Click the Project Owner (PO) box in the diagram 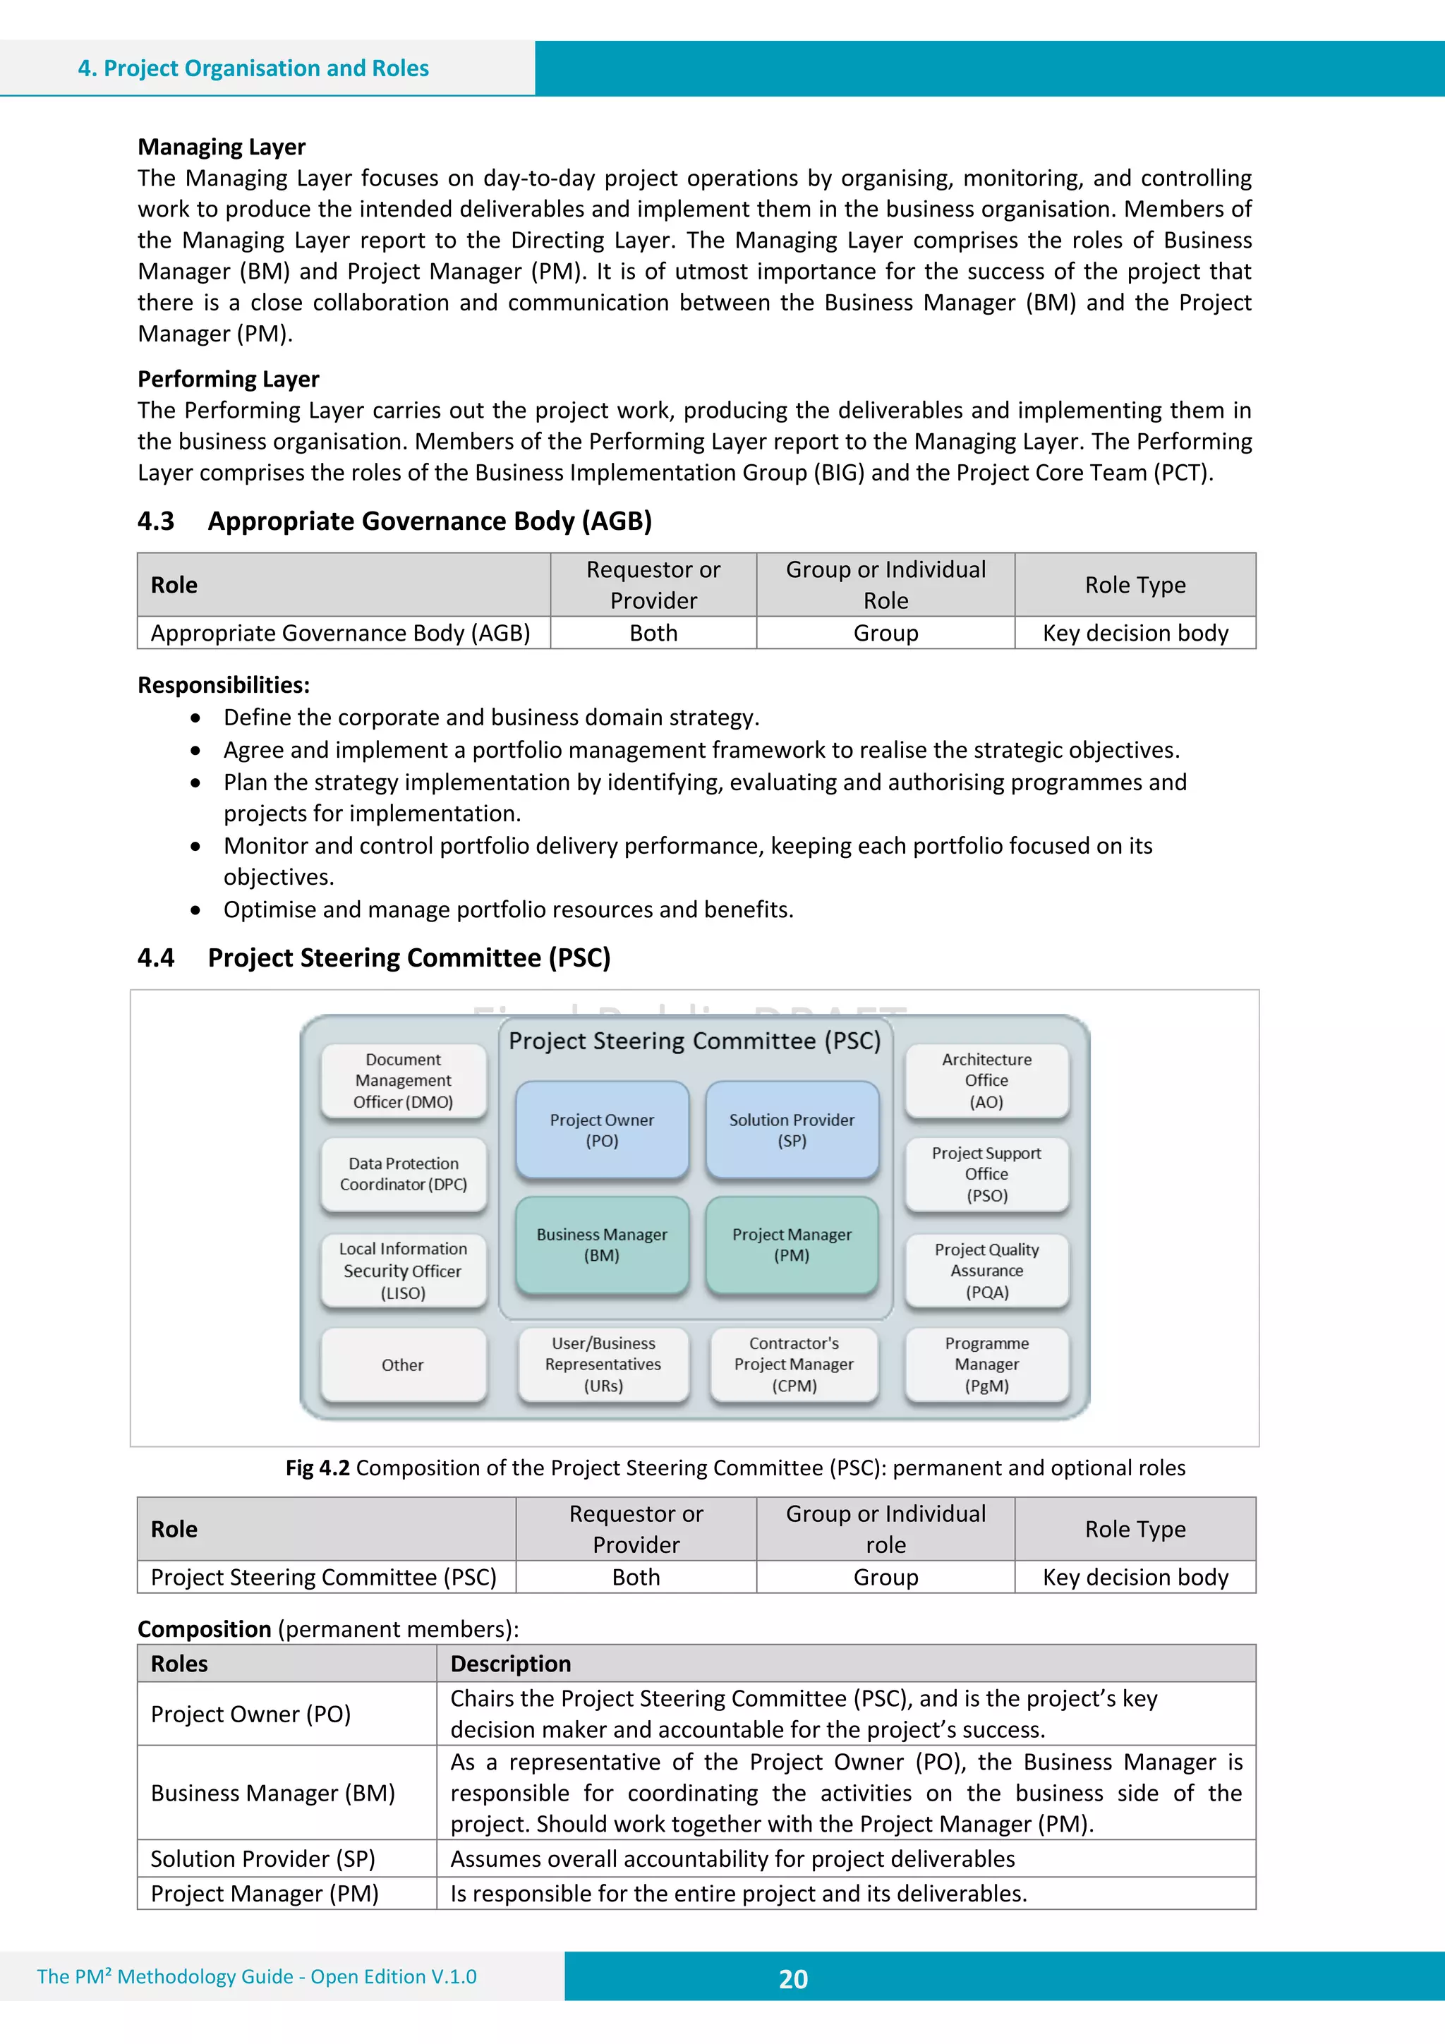point(602,1130)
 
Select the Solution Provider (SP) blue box point(792,1130)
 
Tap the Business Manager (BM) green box point(602,1245)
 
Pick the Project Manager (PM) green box point(792,1245)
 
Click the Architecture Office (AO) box point(986,1080)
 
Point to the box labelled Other point(404,1365)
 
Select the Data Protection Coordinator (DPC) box point(404,1173)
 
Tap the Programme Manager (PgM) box point(986,1364)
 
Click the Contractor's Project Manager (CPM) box point(793,1364)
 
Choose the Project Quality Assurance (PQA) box point(986,1271)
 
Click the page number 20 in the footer point(792,1979)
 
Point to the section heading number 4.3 point(156,521)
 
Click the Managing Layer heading point(222,147)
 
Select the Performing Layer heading point(228,380)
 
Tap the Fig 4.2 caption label point(317,1467)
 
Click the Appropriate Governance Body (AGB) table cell point(341,633)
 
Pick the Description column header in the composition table point(510,1664)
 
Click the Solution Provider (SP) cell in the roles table point(262,1859)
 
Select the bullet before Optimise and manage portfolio point(196,910)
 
